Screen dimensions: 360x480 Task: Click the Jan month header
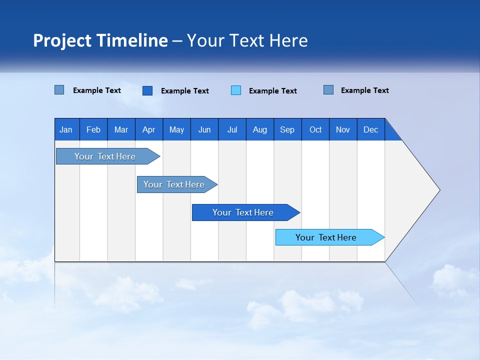66,129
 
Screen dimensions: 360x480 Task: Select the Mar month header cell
121,129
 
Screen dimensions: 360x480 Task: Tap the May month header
176,129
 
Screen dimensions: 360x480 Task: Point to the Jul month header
232,129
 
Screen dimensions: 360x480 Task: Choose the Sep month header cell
287,129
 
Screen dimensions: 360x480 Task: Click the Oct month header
315,129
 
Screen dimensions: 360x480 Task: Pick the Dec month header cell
370,129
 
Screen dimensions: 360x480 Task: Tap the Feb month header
93,129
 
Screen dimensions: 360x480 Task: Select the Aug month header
259,129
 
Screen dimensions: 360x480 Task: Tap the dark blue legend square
147,90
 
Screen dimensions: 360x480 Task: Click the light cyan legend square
236,90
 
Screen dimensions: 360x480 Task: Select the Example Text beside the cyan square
272,91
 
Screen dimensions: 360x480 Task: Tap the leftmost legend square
59,90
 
